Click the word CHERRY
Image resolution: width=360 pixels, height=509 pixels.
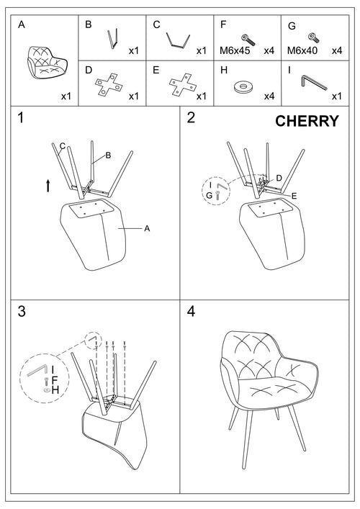pos(307,121)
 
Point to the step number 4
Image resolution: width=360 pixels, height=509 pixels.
pos(192,311)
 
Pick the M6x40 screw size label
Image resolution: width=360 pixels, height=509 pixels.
pos(302,51)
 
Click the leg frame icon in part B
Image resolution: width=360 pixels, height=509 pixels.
pos(112,39)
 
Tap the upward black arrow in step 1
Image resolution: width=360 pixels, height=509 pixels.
pos(48,185)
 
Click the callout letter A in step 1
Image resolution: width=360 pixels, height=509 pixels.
pos(147,228)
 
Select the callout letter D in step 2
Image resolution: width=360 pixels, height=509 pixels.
pos(279,178)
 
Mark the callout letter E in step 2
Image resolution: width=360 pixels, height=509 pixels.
pos(294,195)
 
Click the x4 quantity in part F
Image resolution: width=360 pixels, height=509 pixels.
pos(269,51)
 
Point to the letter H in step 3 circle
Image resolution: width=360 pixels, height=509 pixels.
pos(55,389)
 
